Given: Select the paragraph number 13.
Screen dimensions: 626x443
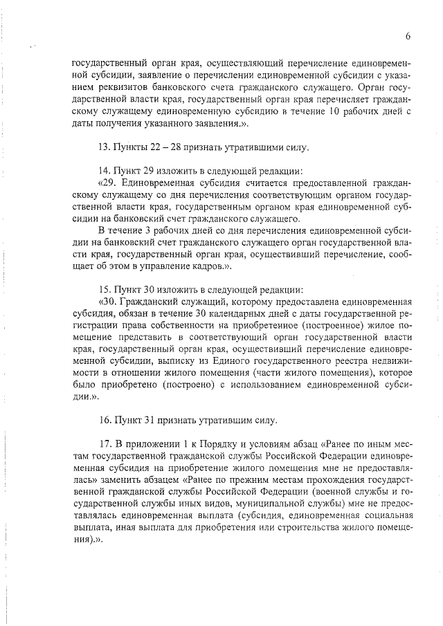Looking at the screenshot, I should pyautogui.click(x=104, y=147).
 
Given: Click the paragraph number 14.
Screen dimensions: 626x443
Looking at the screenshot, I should pyautogui.click(x=104, y=171).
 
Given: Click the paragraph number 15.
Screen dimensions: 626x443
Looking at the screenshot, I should pyautogui.click(x=104, y=289).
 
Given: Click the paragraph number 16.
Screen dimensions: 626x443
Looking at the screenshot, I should pyautogui.click(x=104, y=419).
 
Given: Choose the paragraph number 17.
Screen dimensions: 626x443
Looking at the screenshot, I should pyautogui.click(x=104, y=443).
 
